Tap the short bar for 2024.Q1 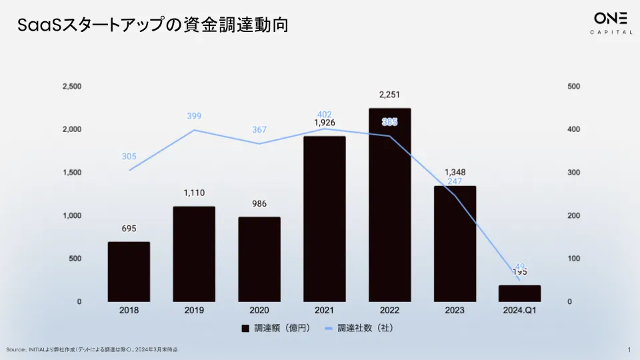[519, 293]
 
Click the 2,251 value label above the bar [390, 94]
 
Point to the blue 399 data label [194, 117]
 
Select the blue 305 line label [129, 157]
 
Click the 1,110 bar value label [194, 193]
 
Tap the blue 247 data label [455, 181]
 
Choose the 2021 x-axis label [325, 311]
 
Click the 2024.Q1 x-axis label [519, 311]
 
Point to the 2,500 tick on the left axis [71, 87]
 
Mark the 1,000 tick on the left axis [71, 216]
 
